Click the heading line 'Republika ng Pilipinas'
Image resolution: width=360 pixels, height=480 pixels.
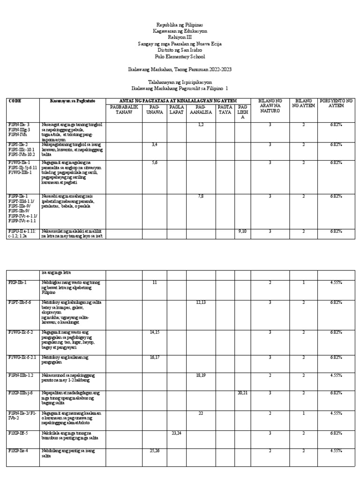click(180, 24)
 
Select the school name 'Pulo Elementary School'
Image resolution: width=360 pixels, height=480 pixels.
click(180, 56)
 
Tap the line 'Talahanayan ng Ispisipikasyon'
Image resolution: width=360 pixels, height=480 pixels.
click(180, 81)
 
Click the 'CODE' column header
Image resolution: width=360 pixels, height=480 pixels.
click(15, 101)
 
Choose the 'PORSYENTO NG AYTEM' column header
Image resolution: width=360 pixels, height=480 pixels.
click(336, 104)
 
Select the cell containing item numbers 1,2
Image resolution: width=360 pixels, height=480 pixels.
click(201, 124)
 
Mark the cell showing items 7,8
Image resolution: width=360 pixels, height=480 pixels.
click(201, 196)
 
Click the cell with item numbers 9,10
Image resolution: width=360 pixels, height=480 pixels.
click(242, 231)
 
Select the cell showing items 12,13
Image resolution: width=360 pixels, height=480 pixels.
click(201, 302)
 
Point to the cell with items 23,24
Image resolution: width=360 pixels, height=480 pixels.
click(176, 433)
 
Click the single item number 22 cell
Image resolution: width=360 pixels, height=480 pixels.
click(201, 413)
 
